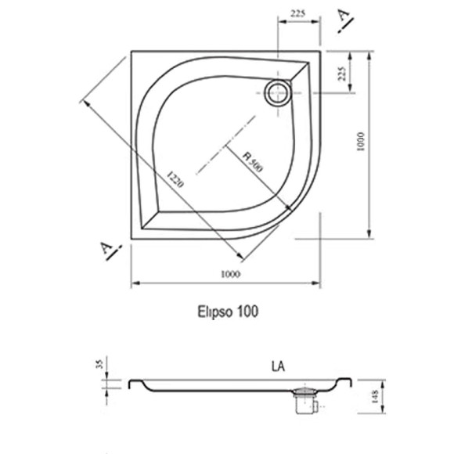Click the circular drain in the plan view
[276, 93]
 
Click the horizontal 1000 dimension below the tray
[229, 273]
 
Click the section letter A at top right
[342, 20]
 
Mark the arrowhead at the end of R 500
[290, 207]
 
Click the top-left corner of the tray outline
[132, 52]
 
